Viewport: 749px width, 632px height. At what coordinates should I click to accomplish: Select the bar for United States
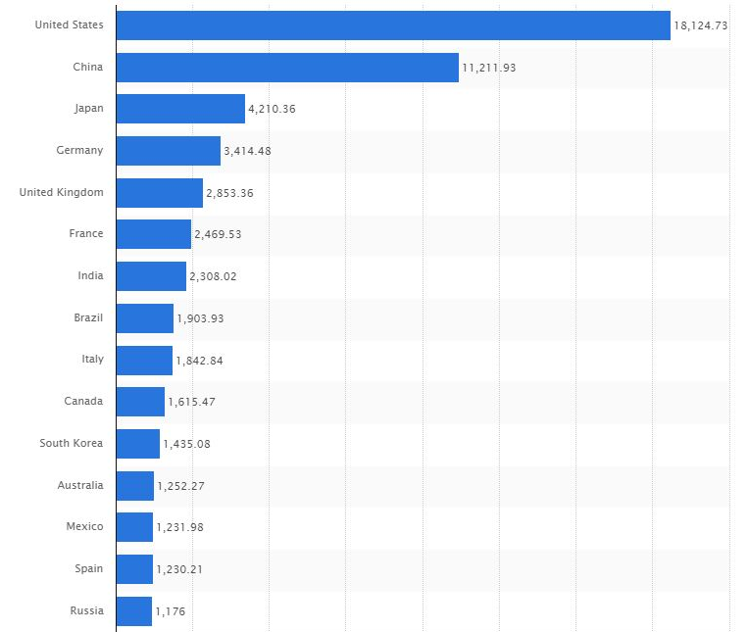[392, 25]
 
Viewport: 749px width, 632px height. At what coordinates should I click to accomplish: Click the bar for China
[286, 68]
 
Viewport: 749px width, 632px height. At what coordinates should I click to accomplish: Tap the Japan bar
[179, 109]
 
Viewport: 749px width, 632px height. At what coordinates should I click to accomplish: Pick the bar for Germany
[168, 151]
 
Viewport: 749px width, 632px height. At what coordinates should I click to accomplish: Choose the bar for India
[150, 276]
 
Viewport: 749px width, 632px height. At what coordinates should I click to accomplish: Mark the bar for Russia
[133, 611]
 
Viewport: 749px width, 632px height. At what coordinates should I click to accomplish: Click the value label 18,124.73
[700, 25]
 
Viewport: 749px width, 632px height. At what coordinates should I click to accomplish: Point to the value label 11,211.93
[488, 68]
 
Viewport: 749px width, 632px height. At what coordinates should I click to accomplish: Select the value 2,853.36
[230, 193]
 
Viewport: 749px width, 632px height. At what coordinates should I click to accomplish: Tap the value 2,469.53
[220, 235]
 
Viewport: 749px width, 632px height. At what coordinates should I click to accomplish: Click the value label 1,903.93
[201, 318]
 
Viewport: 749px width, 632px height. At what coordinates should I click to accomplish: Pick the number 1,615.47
[193, 402]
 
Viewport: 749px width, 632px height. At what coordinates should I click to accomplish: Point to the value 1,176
[171, 611]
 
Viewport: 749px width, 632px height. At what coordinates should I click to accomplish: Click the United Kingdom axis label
[61, 192]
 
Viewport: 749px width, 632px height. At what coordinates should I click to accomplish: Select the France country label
[86, 234]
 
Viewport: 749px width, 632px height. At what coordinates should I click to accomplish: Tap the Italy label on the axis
[92, 360]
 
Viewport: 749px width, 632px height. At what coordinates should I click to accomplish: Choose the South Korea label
[71, 443]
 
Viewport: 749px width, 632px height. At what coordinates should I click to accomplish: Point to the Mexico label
[84, 527]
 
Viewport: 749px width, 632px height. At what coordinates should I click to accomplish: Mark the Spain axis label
[88, 568]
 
